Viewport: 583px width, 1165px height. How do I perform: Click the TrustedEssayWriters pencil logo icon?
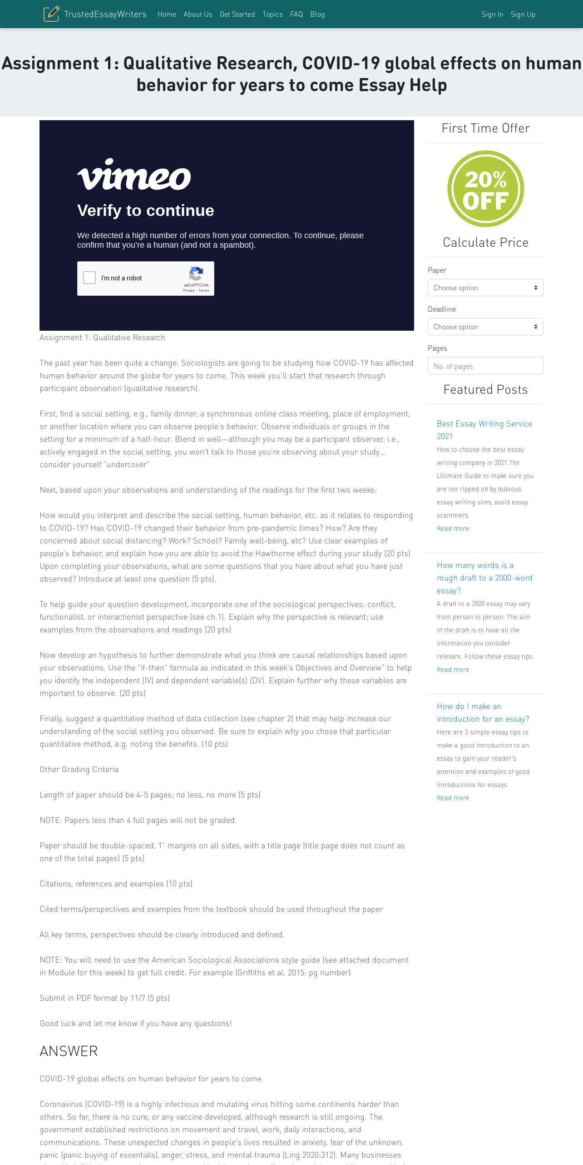coord(51,14)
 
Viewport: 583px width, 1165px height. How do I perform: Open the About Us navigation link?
coord(198,15)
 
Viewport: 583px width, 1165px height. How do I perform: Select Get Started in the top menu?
coord(237,15)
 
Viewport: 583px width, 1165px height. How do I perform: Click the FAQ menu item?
coord(296,15)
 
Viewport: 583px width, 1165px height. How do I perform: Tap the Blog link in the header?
coord(317,15)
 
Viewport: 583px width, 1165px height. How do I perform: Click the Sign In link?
coord(492,15)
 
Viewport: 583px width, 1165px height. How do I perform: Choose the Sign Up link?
coord(523,15)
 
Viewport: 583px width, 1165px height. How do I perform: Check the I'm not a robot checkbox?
coord(89,278)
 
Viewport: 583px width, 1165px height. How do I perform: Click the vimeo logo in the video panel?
coord(134,175)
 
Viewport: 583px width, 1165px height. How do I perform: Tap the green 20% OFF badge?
coord(485,189)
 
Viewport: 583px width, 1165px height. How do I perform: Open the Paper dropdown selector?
coord(485,288)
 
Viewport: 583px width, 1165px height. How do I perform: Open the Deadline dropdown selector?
coord(485,327)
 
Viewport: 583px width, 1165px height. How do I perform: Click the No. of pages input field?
coord(485,366)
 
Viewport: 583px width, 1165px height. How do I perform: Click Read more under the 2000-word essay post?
coord(453,670)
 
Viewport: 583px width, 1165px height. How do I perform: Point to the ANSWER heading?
coord(69,1051)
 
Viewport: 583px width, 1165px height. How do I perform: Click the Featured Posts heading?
coord(485,389)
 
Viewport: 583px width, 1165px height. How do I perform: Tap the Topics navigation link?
coord(272,15)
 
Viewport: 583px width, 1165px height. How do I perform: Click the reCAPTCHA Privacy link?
coord(188,290)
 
